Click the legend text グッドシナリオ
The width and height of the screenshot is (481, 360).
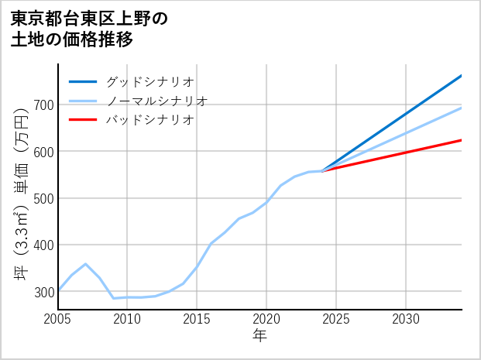(149, 81)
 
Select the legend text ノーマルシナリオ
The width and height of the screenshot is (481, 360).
(156, 101)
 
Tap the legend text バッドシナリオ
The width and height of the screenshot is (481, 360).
(149, 120)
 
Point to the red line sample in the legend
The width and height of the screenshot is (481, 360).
(83, 120)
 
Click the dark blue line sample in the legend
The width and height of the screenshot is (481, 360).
(83, 81)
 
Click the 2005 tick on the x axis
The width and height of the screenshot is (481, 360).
(57, 319)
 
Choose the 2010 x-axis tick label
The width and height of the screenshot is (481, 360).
(127, 319)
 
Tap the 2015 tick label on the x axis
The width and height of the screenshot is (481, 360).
(197, 319)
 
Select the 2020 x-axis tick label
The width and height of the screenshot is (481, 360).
(266, 319)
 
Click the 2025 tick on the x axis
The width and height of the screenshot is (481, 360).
(336, 319)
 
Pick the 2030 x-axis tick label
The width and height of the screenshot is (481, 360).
(406, 319)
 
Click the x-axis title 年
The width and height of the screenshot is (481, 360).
(259, 336)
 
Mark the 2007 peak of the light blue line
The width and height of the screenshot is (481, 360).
(85, 264)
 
